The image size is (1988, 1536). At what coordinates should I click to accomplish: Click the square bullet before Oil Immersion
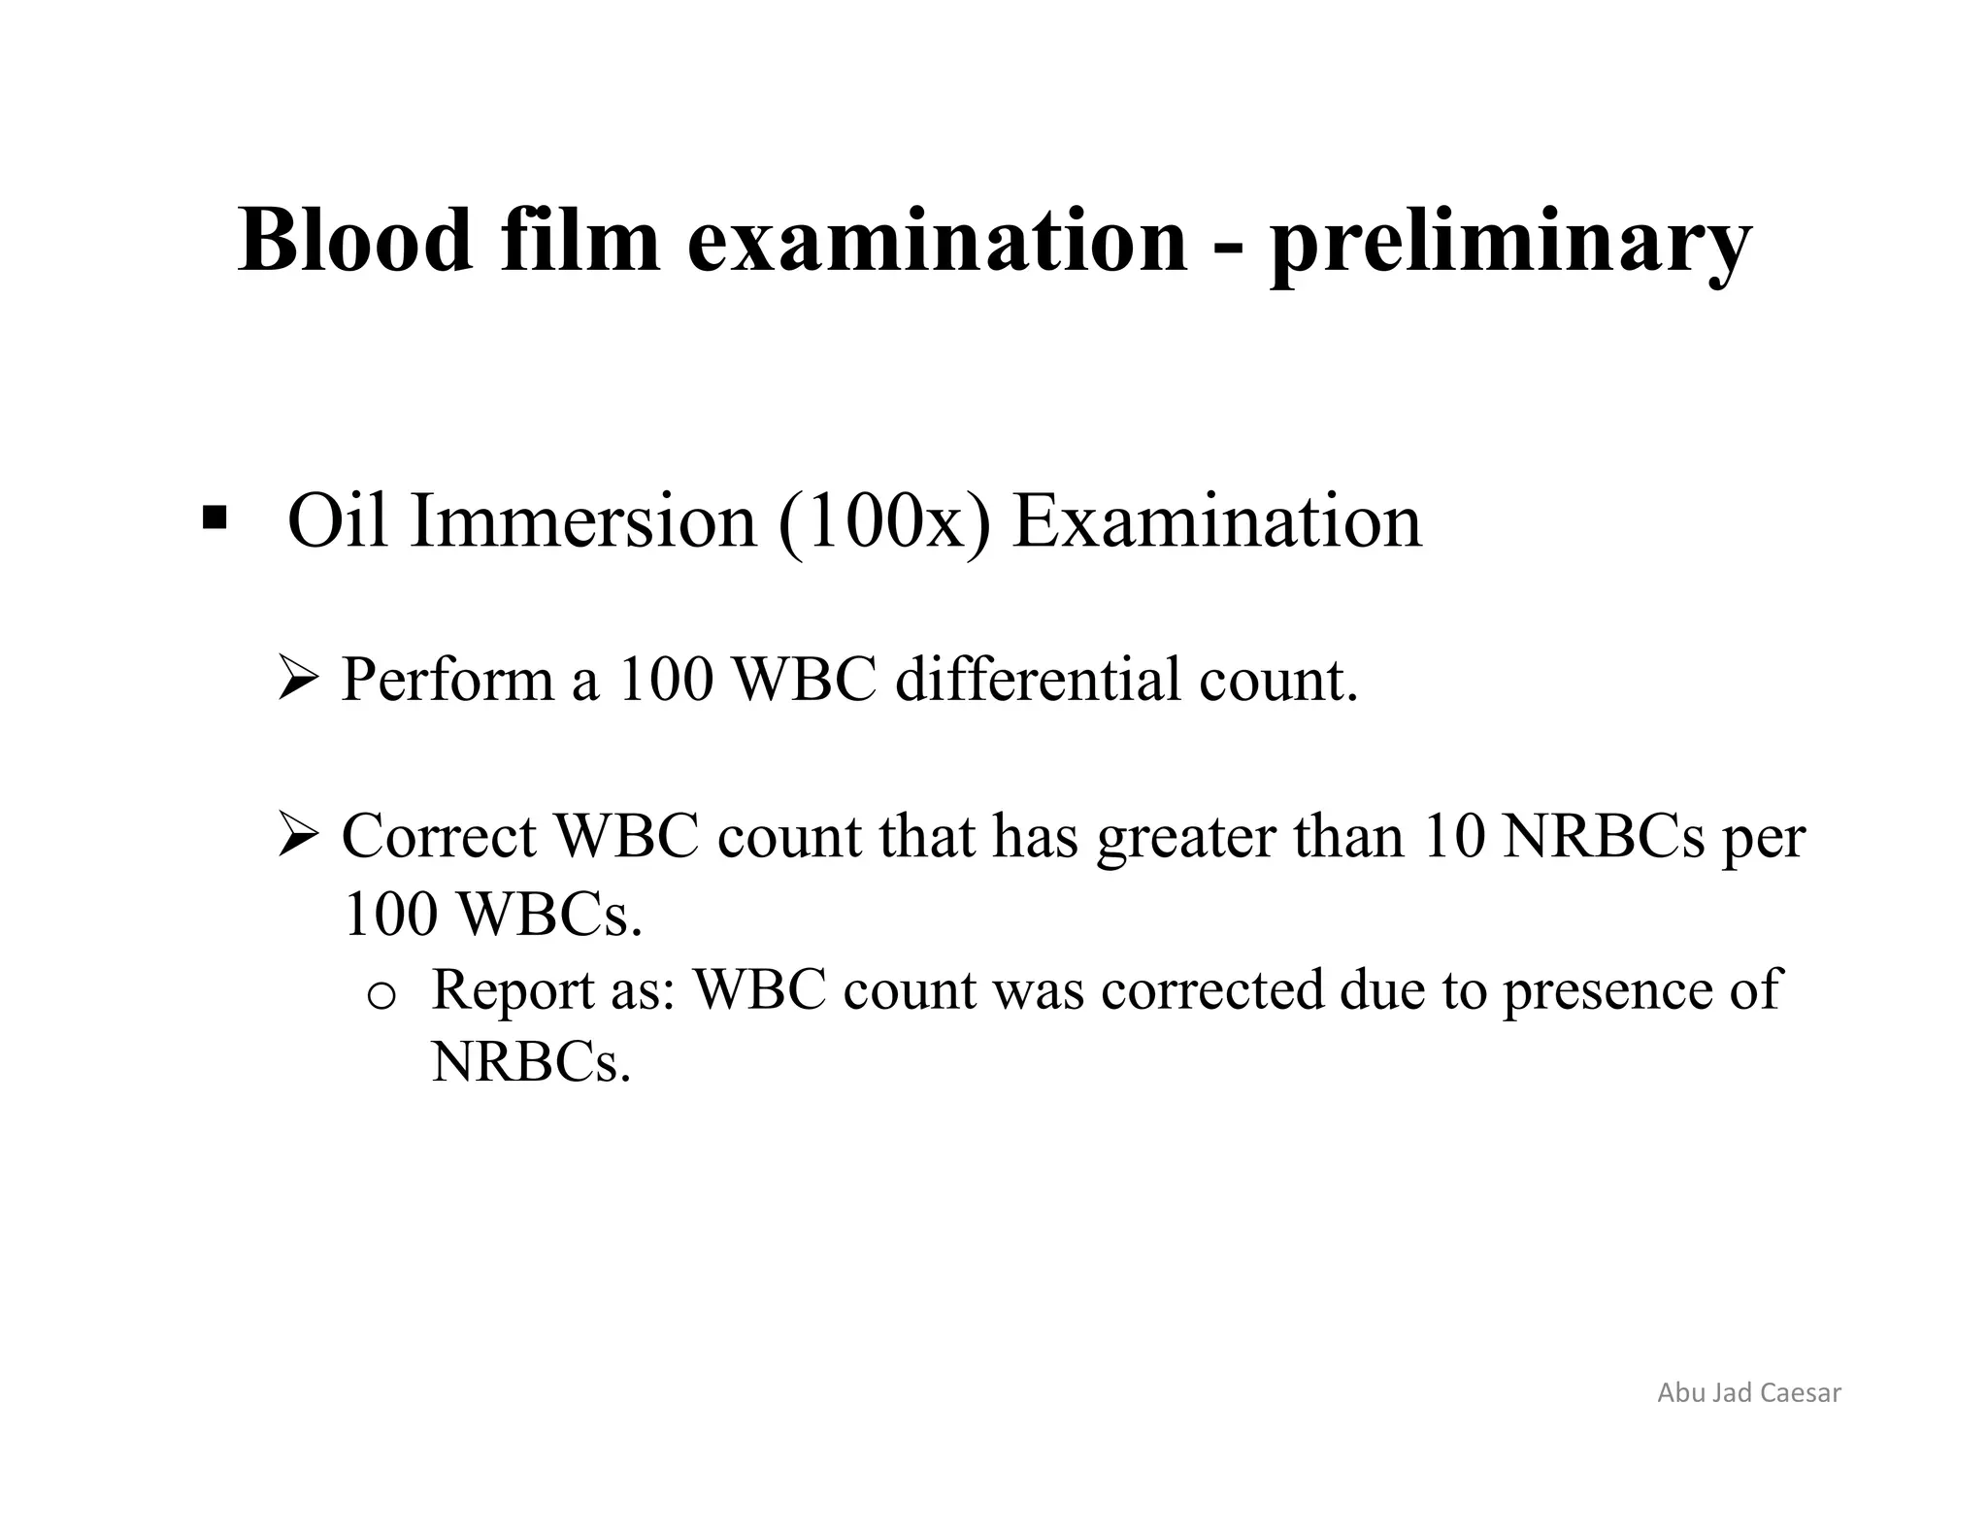click(214, 518)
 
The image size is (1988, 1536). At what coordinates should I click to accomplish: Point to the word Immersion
click(582, 521)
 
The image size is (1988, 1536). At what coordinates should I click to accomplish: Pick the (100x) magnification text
click(884, 521)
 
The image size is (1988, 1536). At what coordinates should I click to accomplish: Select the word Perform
click(447, 679)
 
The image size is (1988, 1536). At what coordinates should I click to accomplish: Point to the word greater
click(1185, 837)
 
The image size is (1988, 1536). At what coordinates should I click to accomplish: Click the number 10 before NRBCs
click(1452, 835)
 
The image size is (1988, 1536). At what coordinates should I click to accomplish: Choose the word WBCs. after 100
click(548, 914)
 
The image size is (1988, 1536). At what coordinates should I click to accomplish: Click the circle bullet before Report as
click(381, 994)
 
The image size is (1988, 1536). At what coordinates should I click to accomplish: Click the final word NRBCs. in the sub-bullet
click(531, 1062)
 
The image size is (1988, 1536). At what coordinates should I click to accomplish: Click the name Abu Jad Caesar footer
click(1748, 1392)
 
